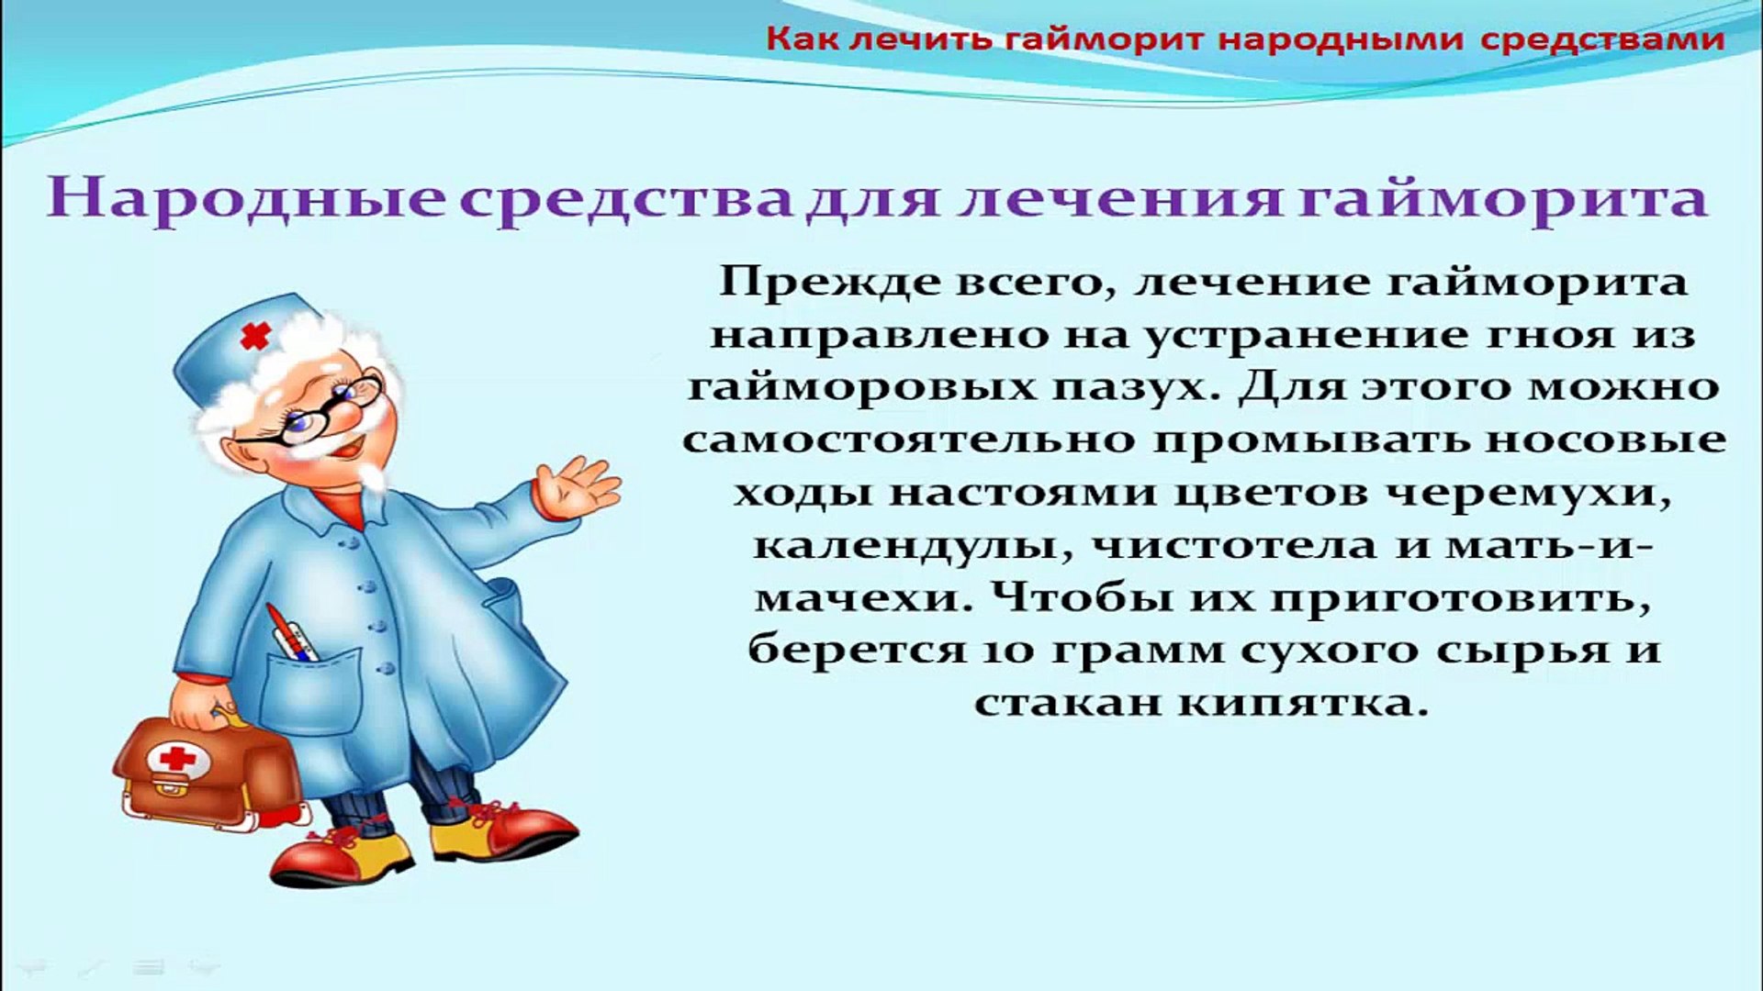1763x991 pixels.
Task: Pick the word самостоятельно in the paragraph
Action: (x=908, y=439)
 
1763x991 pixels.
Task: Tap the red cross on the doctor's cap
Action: (x=254, y=337)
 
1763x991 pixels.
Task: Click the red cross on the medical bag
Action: (x=177, y=758)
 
